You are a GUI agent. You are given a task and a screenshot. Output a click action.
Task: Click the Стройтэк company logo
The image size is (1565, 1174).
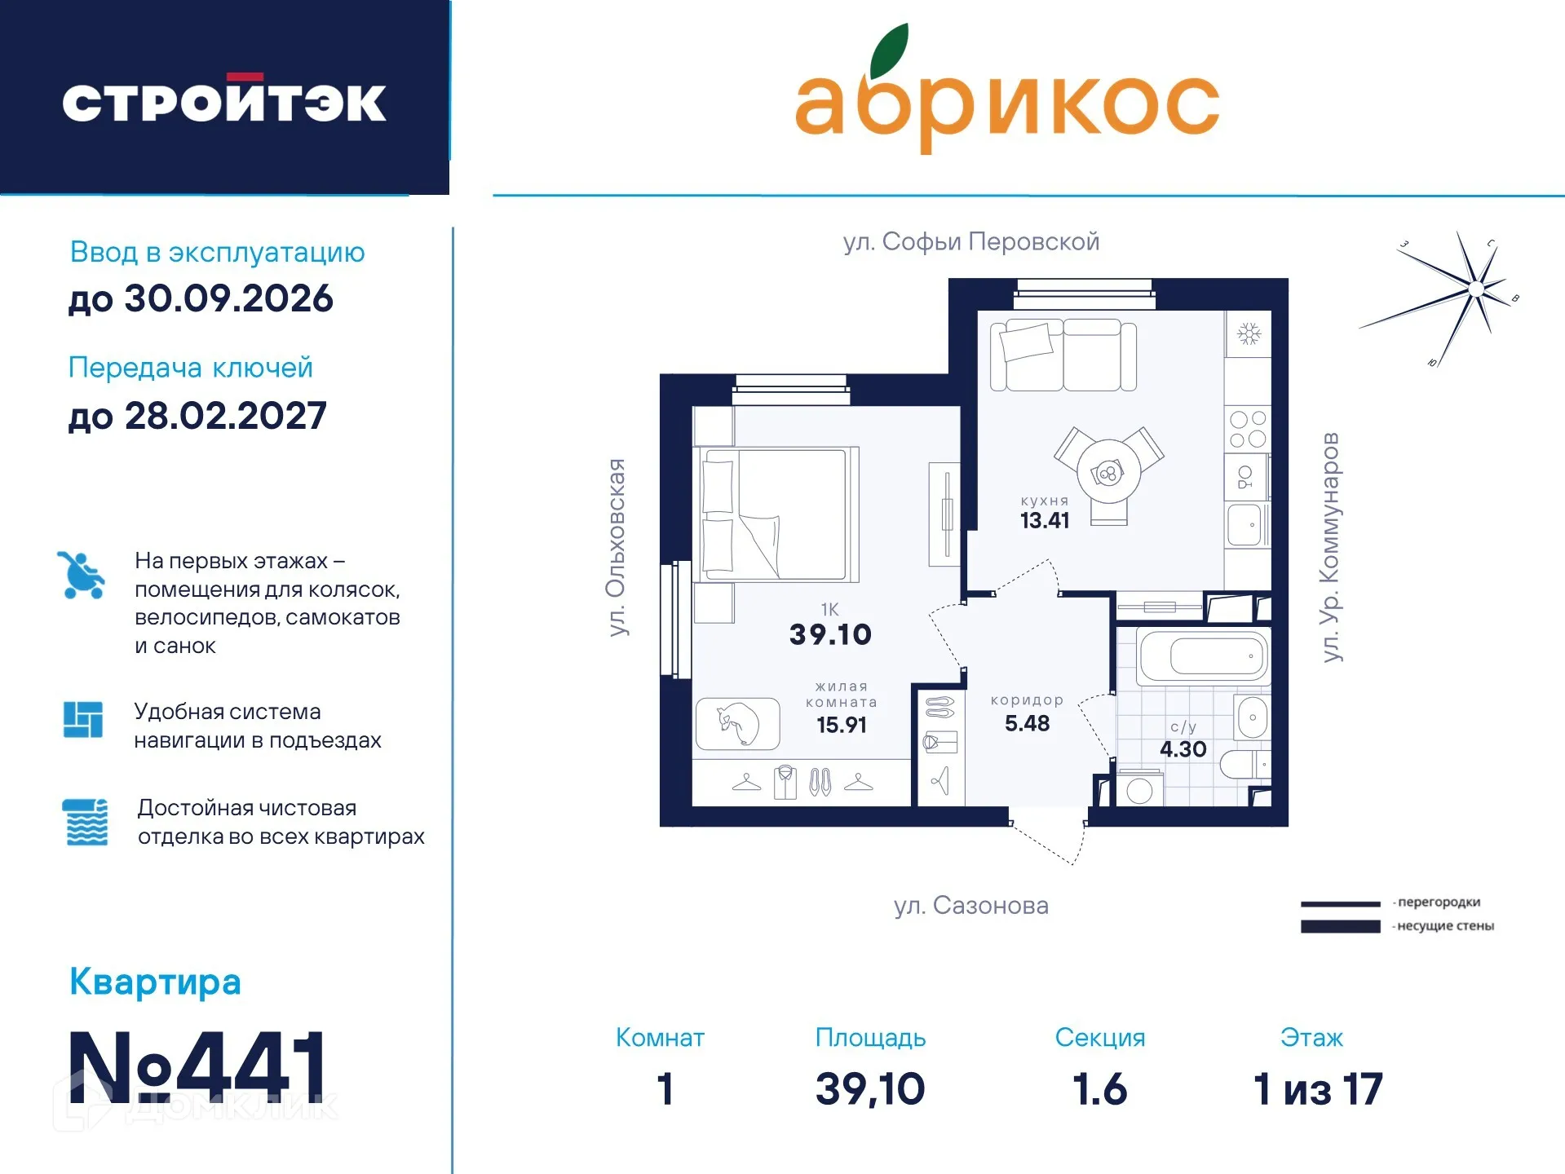click(x=224, y=102)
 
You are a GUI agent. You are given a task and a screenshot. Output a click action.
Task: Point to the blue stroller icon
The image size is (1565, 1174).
click(x=81, y=576)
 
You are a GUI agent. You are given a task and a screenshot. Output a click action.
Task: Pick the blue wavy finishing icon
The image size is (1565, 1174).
click(x=85, y=822)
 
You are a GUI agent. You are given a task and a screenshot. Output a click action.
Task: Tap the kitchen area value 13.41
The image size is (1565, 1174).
click(x=1045, y=521)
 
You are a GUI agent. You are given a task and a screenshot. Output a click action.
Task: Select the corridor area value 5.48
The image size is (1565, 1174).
click(x=1027, y=723)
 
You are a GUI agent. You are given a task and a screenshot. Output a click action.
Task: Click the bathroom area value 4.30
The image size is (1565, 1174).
click(x=1183, y=749)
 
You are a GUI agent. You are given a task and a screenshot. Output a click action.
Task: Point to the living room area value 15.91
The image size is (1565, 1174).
click(x=841, y=725)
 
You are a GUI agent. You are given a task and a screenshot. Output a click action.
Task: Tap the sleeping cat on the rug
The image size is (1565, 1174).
click(x=738, y=723)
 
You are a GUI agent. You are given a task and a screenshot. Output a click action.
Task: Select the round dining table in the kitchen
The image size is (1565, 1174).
click(x=1107, y=473)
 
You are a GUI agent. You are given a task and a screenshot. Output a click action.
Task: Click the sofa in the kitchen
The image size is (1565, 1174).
click(x=1063, y=355)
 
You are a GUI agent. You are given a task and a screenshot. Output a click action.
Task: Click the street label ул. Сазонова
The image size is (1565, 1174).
click(x=970, y=906)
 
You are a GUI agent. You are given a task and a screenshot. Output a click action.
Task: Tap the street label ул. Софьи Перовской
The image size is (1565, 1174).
click(x=970, y=242)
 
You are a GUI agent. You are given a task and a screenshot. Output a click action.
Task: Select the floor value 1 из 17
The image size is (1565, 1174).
click(x=1317, y=1090)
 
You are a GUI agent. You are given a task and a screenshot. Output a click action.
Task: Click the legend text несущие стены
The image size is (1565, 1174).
click(x=1445, y=926)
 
